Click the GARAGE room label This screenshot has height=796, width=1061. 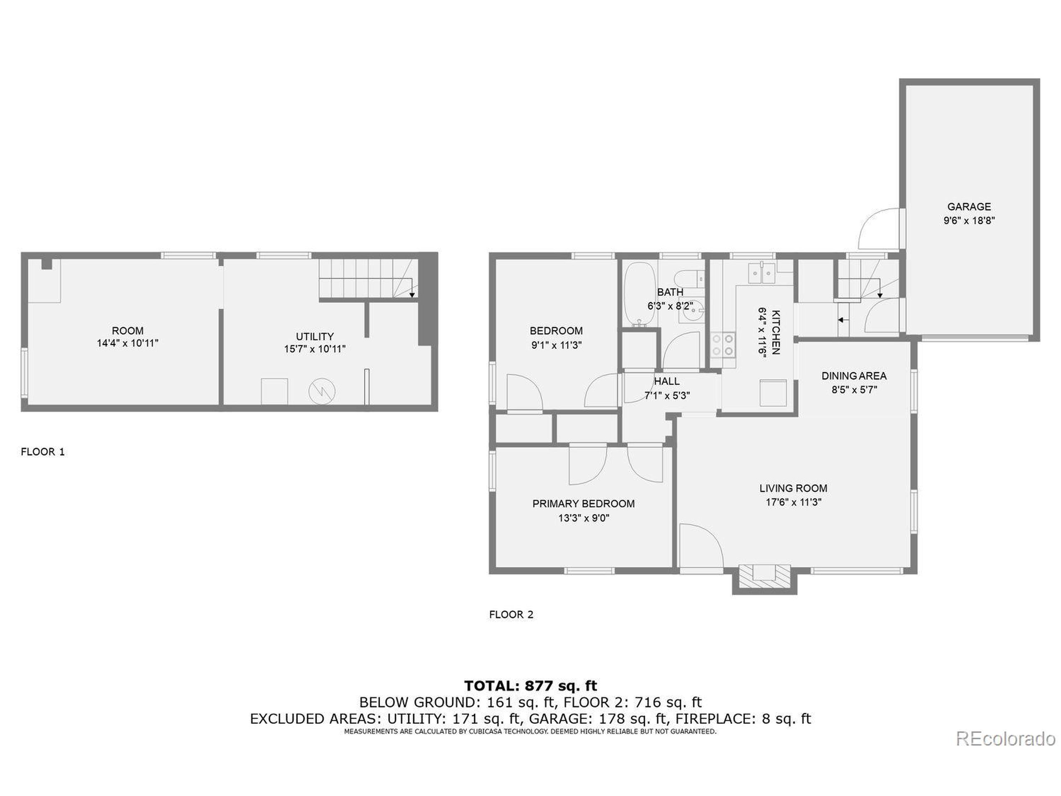point(969,207)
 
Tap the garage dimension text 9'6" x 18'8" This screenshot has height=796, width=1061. point(969,221)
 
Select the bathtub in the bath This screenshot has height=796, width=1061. point(640,294)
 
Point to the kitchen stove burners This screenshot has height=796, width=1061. point(723,345)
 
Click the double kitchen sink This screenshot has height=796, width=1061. point(762,274)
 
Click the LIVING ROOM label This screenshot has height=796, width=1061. point(793,488)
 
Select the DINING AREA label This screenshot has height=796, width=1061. point(854,376)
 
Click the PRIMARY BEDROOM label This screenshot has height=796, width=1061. point(583,504)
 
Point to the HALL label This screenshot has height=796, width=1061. point(667,381)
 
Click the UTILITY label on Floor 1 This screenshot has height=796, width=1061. point(315,336)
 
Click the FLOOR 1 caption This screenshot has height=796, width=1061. point(43,452)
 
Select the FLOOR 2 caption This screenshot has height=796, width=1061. point(511,615)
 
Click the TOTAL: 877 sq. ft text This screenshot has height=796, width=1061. point(530,686)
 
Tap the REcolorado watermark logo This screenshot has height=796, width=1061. point(1005,739)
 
